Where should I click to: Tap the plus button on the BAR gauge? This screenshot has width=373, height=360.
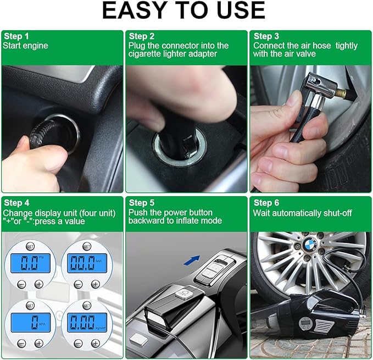pos(96,284)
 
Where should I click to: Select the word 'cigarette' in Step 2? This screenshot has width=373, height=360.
pos(146,54)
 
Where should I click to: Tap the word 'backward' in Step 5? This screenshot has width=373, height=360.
pos(145,221)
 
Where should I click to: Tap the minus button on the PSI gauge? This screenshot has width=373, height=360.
pos(21,284)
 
